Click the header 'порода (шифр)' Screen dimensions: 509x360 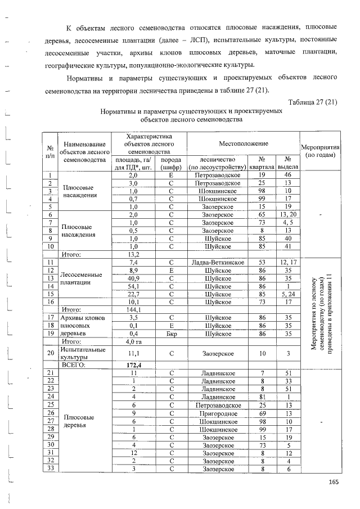tap(171, 164)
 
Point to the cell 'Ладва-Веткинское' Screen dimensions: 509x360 tap(218, 262)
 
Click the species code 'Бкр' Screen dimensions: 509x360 tap(171, 333)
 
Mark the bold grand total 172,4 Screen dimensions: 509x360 tap(134, 364)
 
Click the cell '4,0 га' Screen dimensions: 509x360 tap(134, 341)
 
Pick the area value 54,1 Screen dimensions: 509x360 tap(134, 286)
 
